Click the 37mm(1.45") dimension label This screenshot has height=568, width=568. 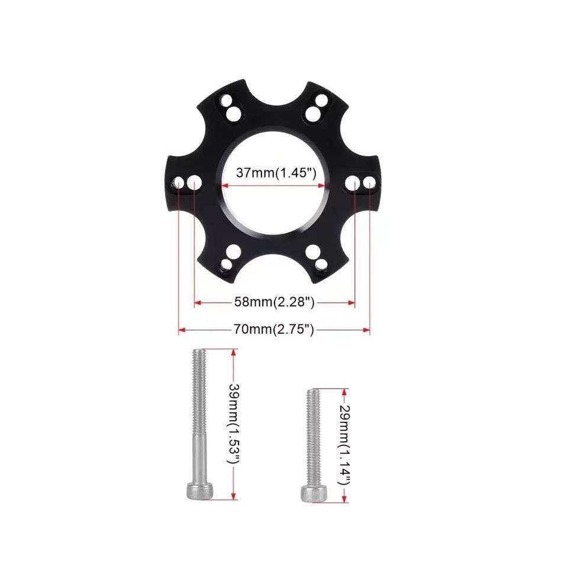pos(274,173)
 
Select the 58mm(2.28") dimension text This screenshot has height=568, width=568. pos(274,302)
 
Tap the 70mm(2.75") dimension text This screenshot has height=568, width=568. pos(274,330)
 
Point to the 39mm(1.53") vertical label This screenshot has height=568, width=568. pos(234,425)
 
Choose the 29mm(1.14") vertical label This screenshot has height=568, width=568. pos(343,446)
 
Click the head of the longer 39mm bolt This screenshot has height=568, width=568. pos(198,490)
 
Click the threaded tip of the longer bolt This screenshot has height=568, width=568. pos(198,353)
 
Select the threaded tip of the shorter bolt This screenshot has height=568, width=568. pos(312,393)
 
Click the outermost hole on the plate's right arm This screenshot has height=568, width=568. pos(369,182)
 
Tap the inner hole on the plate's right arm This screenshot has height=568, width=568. pos(354,182)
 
